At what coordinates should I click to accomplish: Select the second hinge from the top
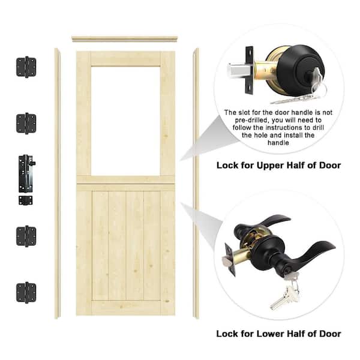(x=26, y=123)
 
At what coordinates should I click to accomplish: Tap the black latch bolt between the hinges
(x=26, y=170)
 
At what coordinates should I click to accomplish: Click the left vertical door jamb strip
(x=57, y=180)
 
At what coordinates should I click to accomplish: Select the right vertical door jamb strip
(x=196, y=180)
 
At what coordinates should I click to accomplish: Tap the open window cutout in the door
(x=125, y=120)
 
